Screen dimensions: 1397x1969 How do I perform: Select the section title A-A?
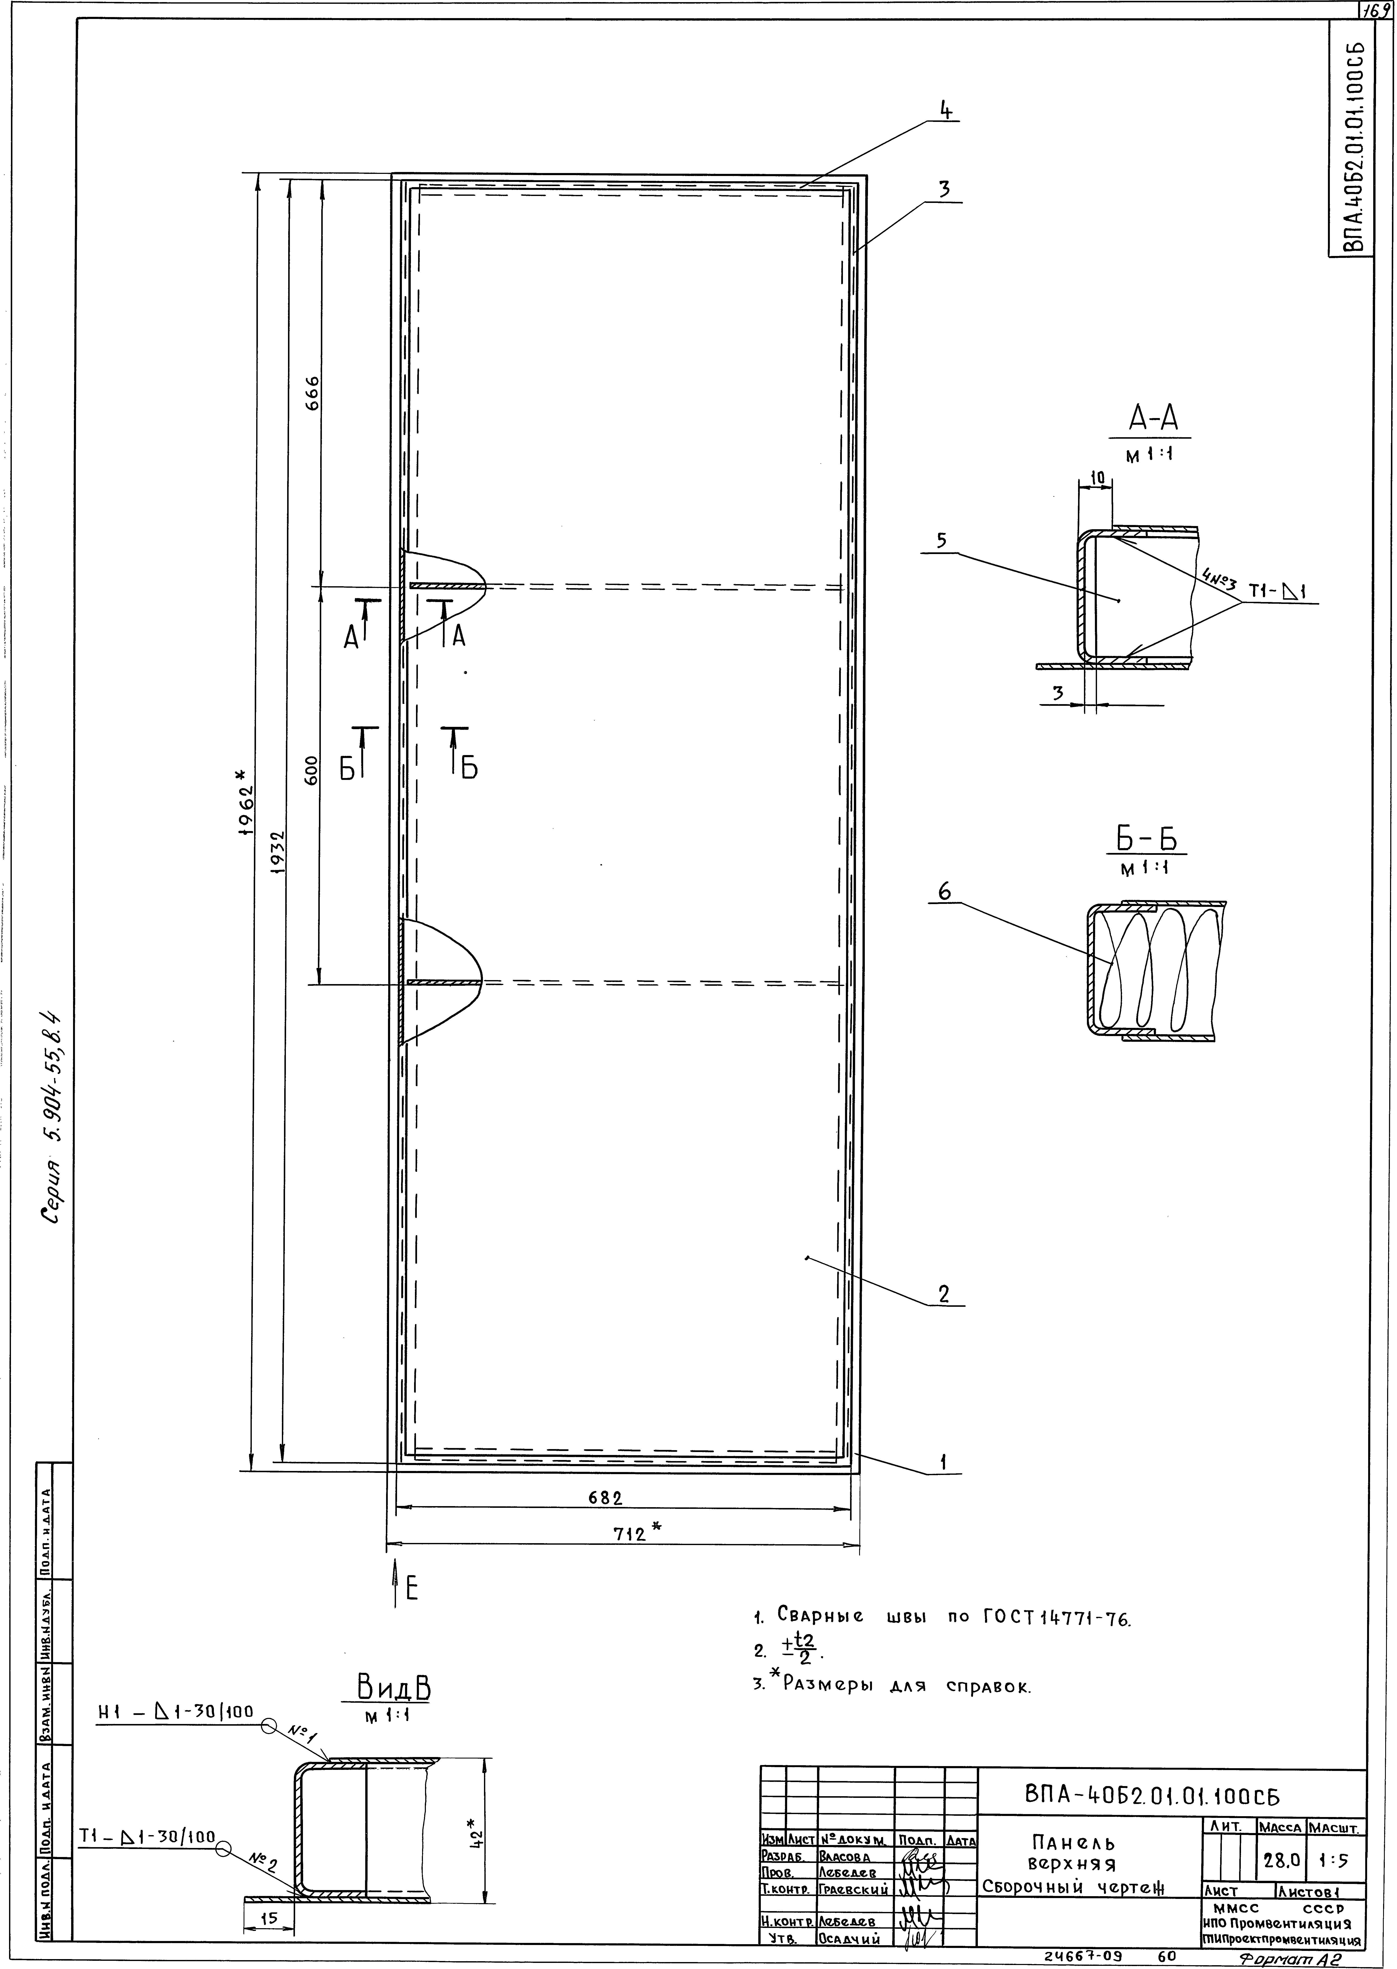[x=1154, y=419]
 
